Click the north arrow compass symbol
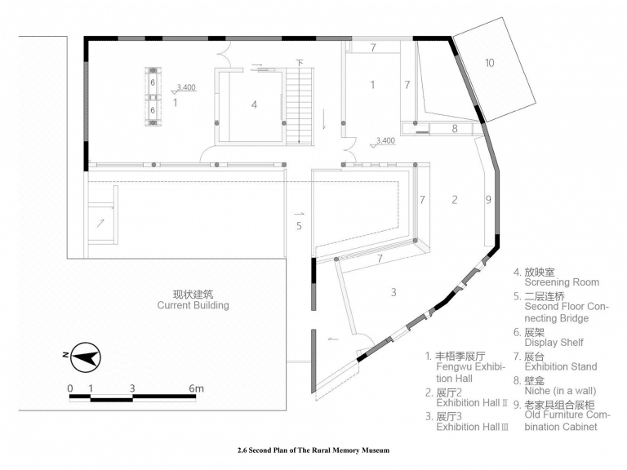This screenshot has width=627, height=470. (86, 357)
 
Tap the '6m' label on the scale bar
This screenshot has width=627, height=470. (196, 388)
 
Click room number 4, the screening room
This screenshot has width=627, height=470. (254, 104)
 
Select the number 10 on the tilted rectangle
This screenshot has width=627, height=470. (490, 63)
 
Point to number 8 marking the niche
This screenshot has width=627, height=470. (455, 129)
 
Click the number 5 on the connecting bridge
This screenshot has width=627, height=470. (299, 226)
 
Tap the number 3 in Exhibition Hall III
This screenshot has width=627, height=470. (394, 292)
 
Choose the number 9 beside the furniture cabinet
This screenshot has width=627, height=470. (488, 199)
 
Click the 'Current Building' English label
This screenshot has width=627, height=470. (193, 305)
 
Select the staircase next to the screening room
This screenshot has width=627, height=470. (299, 105)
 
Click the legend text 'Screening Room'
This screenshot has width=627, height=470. (562, 282)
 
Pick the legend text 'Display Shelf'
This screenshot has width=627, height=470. (554, 343)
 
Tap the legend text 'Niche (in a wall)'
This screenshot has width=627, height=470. (560, 391)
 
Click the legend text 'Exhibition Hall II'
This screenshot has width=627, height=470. (472, 403)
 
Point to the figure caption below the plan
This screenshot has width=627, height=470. (313, 450)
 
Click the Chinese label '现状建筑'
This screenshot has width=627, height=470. (193, 295)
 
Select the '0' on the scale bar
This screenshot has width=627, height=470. (70, 388)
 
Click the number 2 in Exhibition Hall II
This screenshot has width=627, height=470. (455, 199)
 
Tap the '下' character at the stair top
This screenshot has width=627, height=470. (300, 63)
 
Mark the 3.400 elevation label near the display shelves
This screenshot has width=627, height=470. (186, 87)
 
